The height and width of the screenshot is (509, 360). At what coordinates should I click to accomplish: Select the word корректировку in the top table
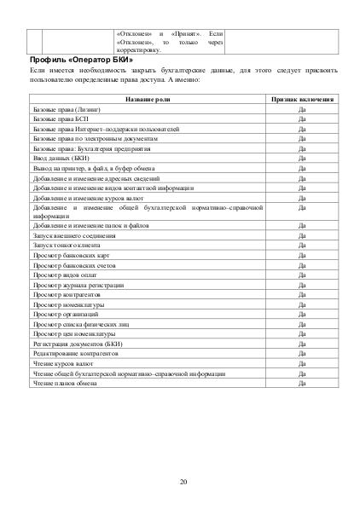tap(136, 50)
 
